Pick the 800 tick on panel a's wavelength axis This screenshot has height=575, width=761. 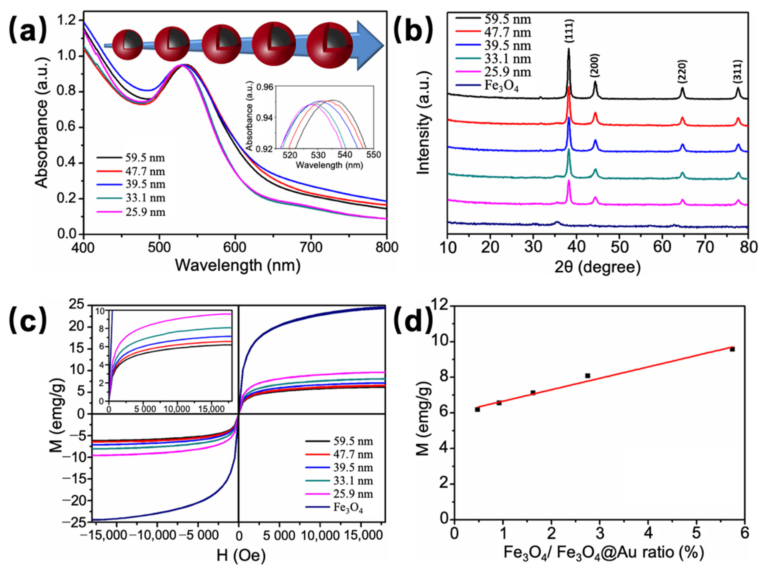click(387, 247)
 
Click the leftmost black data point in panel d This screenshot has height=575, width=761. click(477, 409)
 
